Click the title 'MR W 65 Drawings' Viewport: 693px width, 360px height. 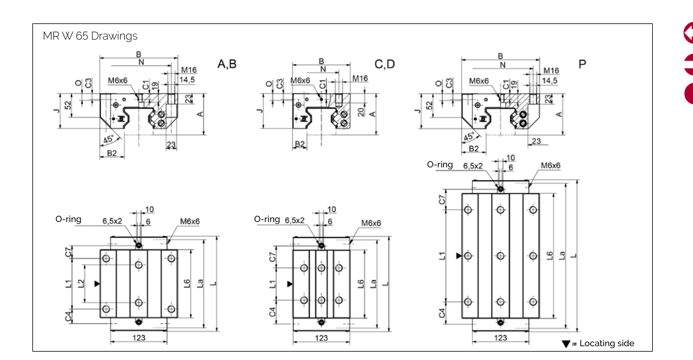pyautogui.click(x=90, y=36)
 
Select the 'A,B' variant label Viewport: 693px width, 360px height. pyautogui.click(x=227, y=64)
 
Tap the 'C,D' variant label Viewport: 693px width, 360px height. pyautogui.click(x=385, y=64)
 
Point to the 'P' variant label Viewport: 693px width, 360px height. pyautogui.click(x=582, y=64)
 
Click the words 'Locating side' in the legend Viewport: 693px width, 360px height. pyautogui.click(x=607, y=343)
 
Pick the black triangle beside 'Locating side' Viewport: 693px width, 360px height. pyautogui.click(x=565, y=344)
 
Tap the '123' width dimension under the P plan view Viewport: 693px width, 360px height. pyautogui.click(x=500, y=338)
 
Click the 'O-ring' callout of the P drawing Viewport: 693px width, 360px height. pyautogui.click(x=440, y=164)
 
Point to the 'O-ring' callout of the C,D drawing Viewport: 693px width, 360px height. pyautogui.click(x=267, y=219)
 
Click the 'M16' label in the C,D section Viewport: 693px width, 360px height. pyautogui.click(x=360, y=79)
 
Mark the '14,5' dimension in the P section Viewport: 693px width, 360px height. pyautogui.click(x=550, y=80)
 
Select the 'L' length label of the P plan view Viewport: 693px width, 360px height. pyautogui.click(x=574, y=255)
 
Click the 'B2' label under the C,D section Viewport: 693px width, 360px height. pyautogui.click(x=300, y=145)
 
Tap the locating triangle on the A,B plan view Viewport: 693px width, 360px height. pyautogui.click(x=97, y=283)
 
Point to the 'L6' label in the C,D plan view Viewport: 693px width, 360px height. pyautogui.click(x=361, y=283)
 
